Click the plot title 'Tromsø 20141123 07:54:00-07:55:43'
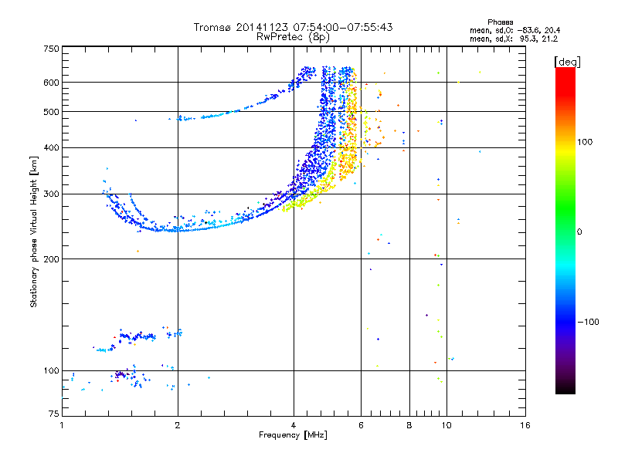[293, 27]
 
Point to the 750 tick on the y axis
[51, 48]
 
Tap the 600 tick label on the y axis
[51, 82]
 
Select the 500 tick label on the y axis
[51, 111]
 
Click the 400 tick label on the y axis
[51, 147]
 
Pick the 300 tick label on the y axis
[51, 194]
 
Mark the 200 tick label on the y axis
[51, 259]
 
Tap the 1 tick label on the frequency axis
[62, 426]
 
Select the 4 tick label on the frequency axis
[294, 426]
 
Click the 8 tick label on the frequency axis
[409, 426]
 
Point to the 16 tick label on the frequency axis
[525, 426]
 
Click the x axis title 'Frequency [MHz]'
[293, 436]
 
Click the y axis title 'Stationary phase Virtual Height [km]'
[34, 231]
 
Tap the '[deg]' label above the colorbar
[568, 61]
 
